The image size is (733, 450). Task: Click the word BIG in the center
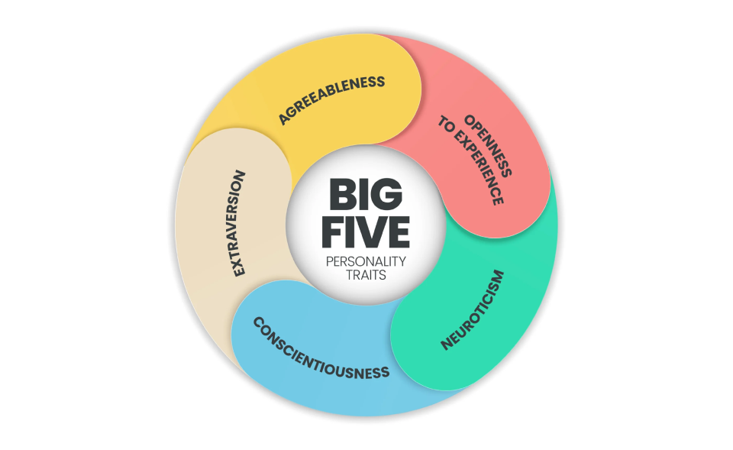coord(366,195)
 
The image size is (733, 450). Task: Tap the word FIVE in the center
coord(366,231)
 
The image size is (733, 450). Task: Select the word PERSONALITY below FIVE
coord(366,261)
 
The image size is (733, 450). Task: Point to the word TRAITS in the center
coord(366,274)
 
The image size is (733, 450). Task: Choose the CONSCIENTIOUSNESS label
coord(321,348)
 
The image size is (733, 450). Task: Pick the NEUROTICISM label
coord(473,309)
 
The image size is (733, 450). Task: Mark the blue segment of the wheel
coord(336,382)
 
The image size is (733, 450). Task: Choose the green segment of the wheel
coord(504,321)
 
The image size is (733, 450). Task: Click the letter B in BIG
coord(341,195)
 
